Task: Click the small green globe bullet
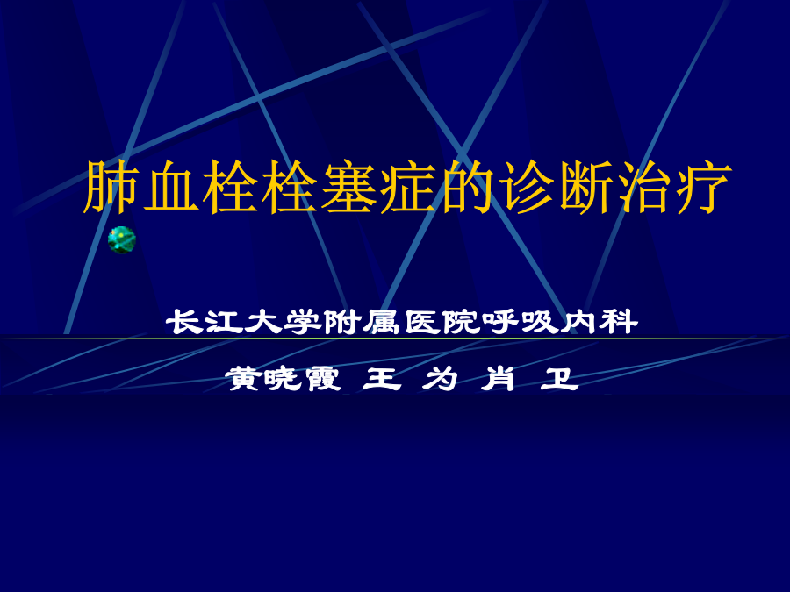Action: [x=122, y=239]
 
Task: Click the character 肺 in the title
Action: [x=111, y=186]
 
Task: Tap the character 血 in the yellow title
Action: [x=170, y=186]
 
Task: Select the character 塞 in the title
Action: [x=348, y=186]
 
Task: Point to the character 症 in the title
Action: [x=407, y=186]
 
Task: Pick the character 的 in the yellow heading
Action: [x=467, y=186]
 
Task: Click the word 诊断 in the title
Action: [x=557, y=186]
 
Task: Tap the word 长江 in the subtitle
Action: [x=203, y=322]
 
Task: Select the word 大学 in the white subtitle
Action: [x=282, y=322]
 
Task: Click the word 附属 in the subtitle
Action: [x=362, y=322]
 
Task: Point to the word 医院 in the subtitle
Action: [x=442, y=322]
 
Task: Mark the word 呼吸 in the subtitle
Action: [x=520, y=322]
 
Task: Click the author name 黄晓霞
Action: [x=284, y=379]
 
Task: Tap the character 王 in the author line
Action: [x=382, y=379]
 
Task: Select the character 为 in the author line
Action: [x=441, y=379]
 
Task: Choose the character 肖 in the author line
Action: [x=499, y=379]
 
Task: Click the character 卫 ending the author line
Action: [x=559, y=379]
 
